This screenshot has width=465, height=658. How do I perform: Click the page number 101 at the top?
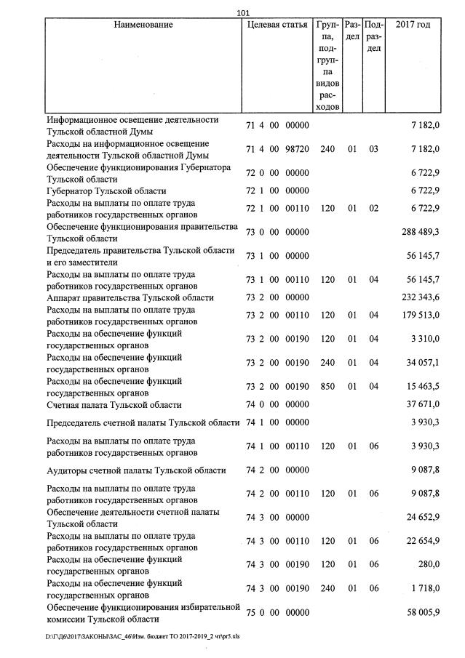(243, 12)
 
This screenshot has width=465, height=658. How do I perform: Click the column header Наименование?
(143, 25)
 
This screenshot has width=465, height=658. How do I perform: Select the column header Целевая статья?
(277, 25)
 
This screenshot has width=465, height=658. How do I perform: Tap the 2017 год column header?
(412, 25)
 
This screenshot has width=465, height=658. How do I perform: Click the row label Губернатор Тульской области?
(106, 190)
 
